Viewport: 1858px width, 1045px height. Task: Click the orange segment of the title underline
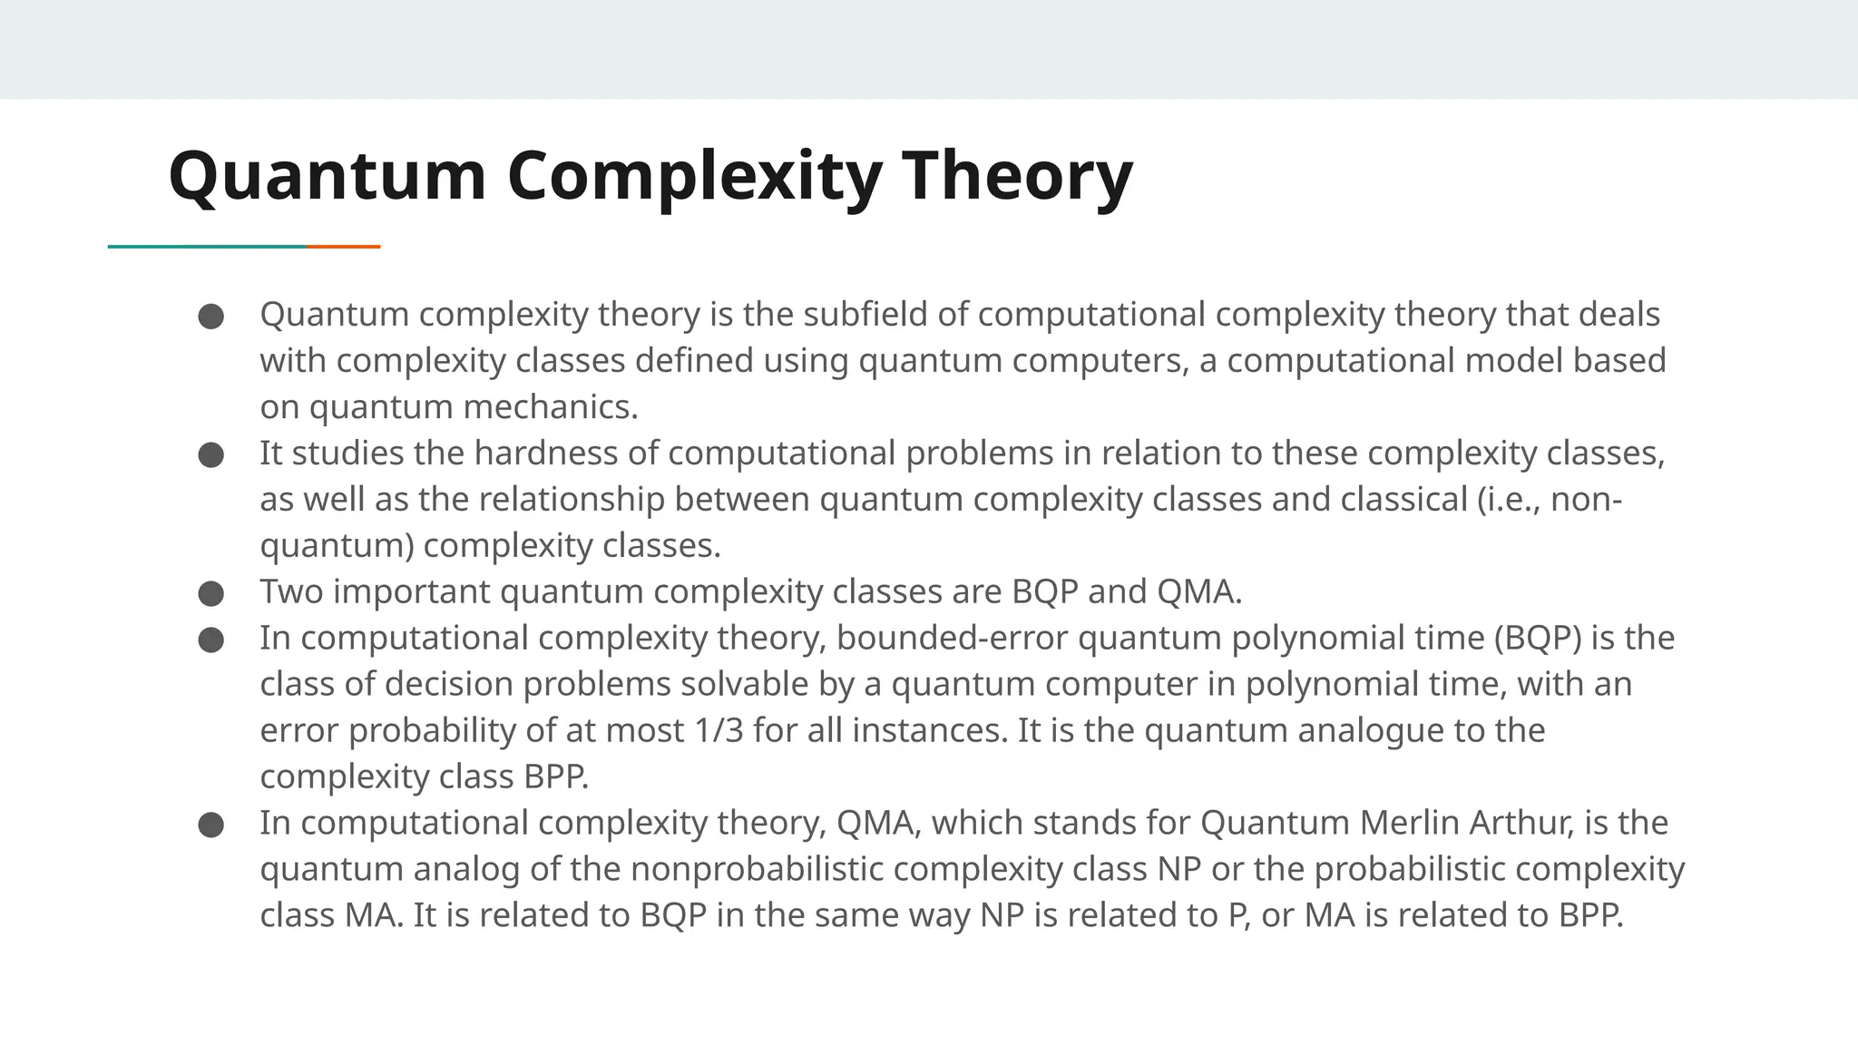[x=343, y=246]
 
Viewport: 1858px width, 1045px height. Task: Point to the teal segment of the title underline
[x=207, y=246]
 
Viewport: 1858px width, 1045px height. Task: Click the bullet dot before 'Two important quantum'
[x=210, y=594]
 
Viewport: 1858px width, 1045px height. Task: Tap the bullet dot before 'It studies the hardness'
[x=210, y=455]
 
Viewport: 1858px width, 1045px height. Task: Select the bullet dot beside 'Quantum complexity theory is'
[x=210, y=317]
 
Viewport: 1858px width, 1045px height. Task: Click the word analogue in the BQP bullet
[x=1370, y=730]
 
